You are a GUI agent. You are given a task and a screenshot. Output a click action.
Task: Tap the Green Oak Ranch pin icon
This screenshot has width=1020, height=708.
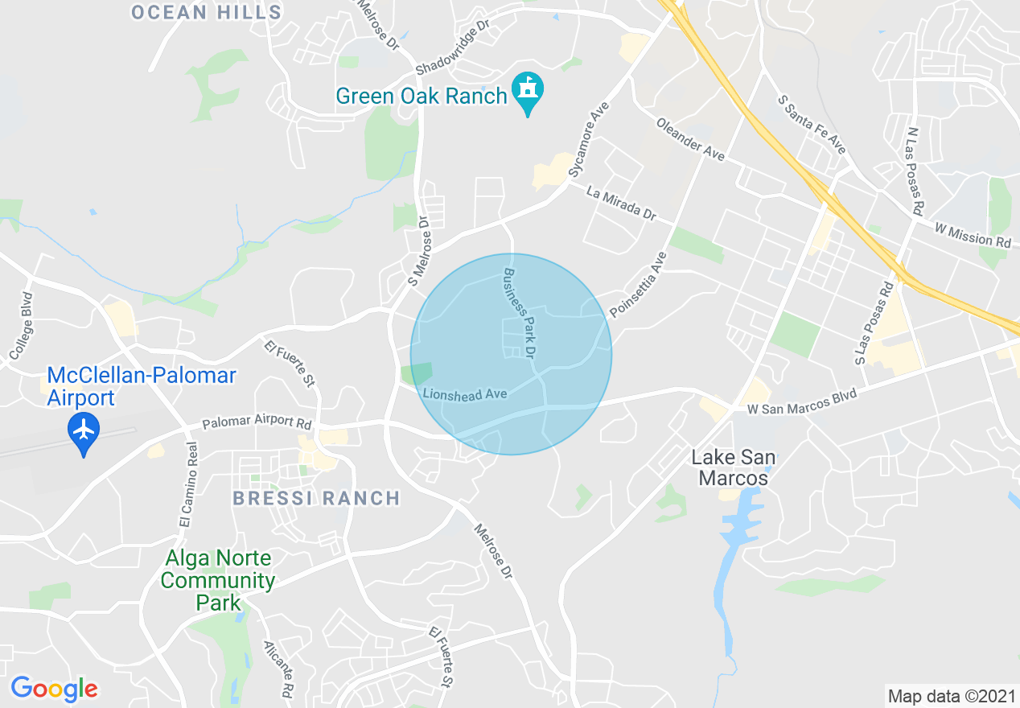pos(528,90)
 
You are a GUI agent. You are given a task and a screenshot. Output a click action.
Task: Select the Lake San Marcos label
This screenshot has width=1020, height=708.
pos(734,467)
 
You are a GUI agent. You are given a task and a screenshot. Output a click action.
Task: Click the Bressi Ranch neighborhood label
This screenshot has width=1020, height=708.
pos(316,499)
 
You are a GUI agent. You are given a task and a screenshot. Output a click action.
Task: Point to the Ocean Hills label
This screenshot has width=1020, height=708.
pos(206,12)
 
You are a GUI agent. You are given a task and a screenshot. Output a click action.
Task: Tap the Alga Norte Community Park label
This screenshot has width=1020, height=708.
pos(219,580)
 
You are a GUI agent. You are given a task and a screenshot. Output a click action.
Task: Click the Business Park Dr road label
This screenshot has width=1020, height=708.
pos(519,313)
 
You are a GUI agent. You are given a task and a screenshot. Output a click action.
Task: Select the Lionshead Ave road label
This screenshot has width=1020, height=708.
pos(465,394)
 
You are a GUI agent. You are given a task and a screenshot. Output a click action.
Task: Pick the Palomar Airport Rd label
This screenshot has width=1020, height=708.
pos(257,422)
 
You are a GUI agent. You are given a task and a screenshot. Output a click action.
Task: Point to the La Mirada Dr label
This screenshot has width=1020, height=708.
pos(621,204)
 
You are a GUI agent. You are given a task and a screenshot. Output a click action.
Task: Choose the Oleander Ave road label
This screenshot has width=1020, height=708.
pos(690,138)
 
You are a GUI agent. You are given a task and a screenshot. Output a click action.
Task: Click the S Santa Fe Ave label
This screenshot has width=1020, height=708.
pos(812,124)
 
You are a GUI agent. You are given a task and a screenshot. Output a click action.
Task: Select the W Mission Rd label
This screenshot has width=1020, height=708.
pos(972,235)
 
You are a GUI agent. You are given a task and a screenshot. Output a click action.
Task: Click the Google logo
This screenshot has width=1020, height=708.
pos(55,689)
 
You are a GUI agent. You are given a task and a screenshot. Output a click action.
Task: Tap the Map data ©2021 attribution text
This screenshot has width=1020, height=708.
pos(950,695)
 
